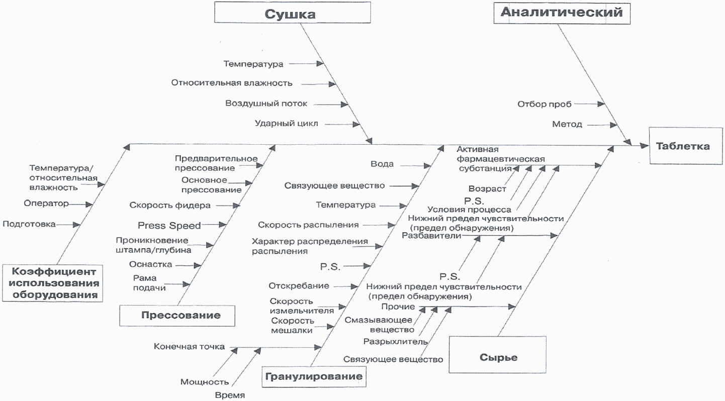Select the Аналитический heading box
coord(561,12)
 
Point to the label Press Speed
coord(169,225)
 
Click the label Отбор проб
coord(545,104)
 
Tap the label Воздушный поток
coord(266,104)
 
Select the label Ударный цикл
coord(286,124)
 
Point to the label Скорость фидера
coord(170,205)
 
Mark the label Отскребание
coord(299,286)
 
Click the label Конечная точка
coord(190,347)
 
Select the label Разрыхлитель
coord(395,342)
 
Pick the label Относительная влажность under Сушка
coord(231,83)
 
